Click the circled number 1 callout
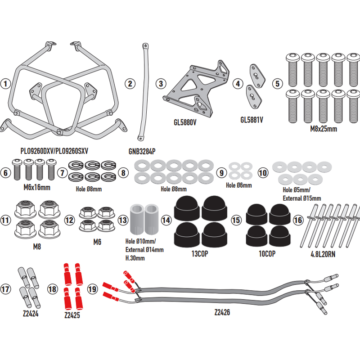click(5, 84)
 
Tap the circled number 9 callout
click(220, 172)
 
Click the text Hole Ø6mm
click(238, 185)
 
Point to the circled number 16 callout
click(297, 220)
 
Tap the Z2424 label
click(30, 313)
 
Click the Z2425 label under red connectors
click(72, 316)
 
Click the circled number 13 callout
click(123, 220)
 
